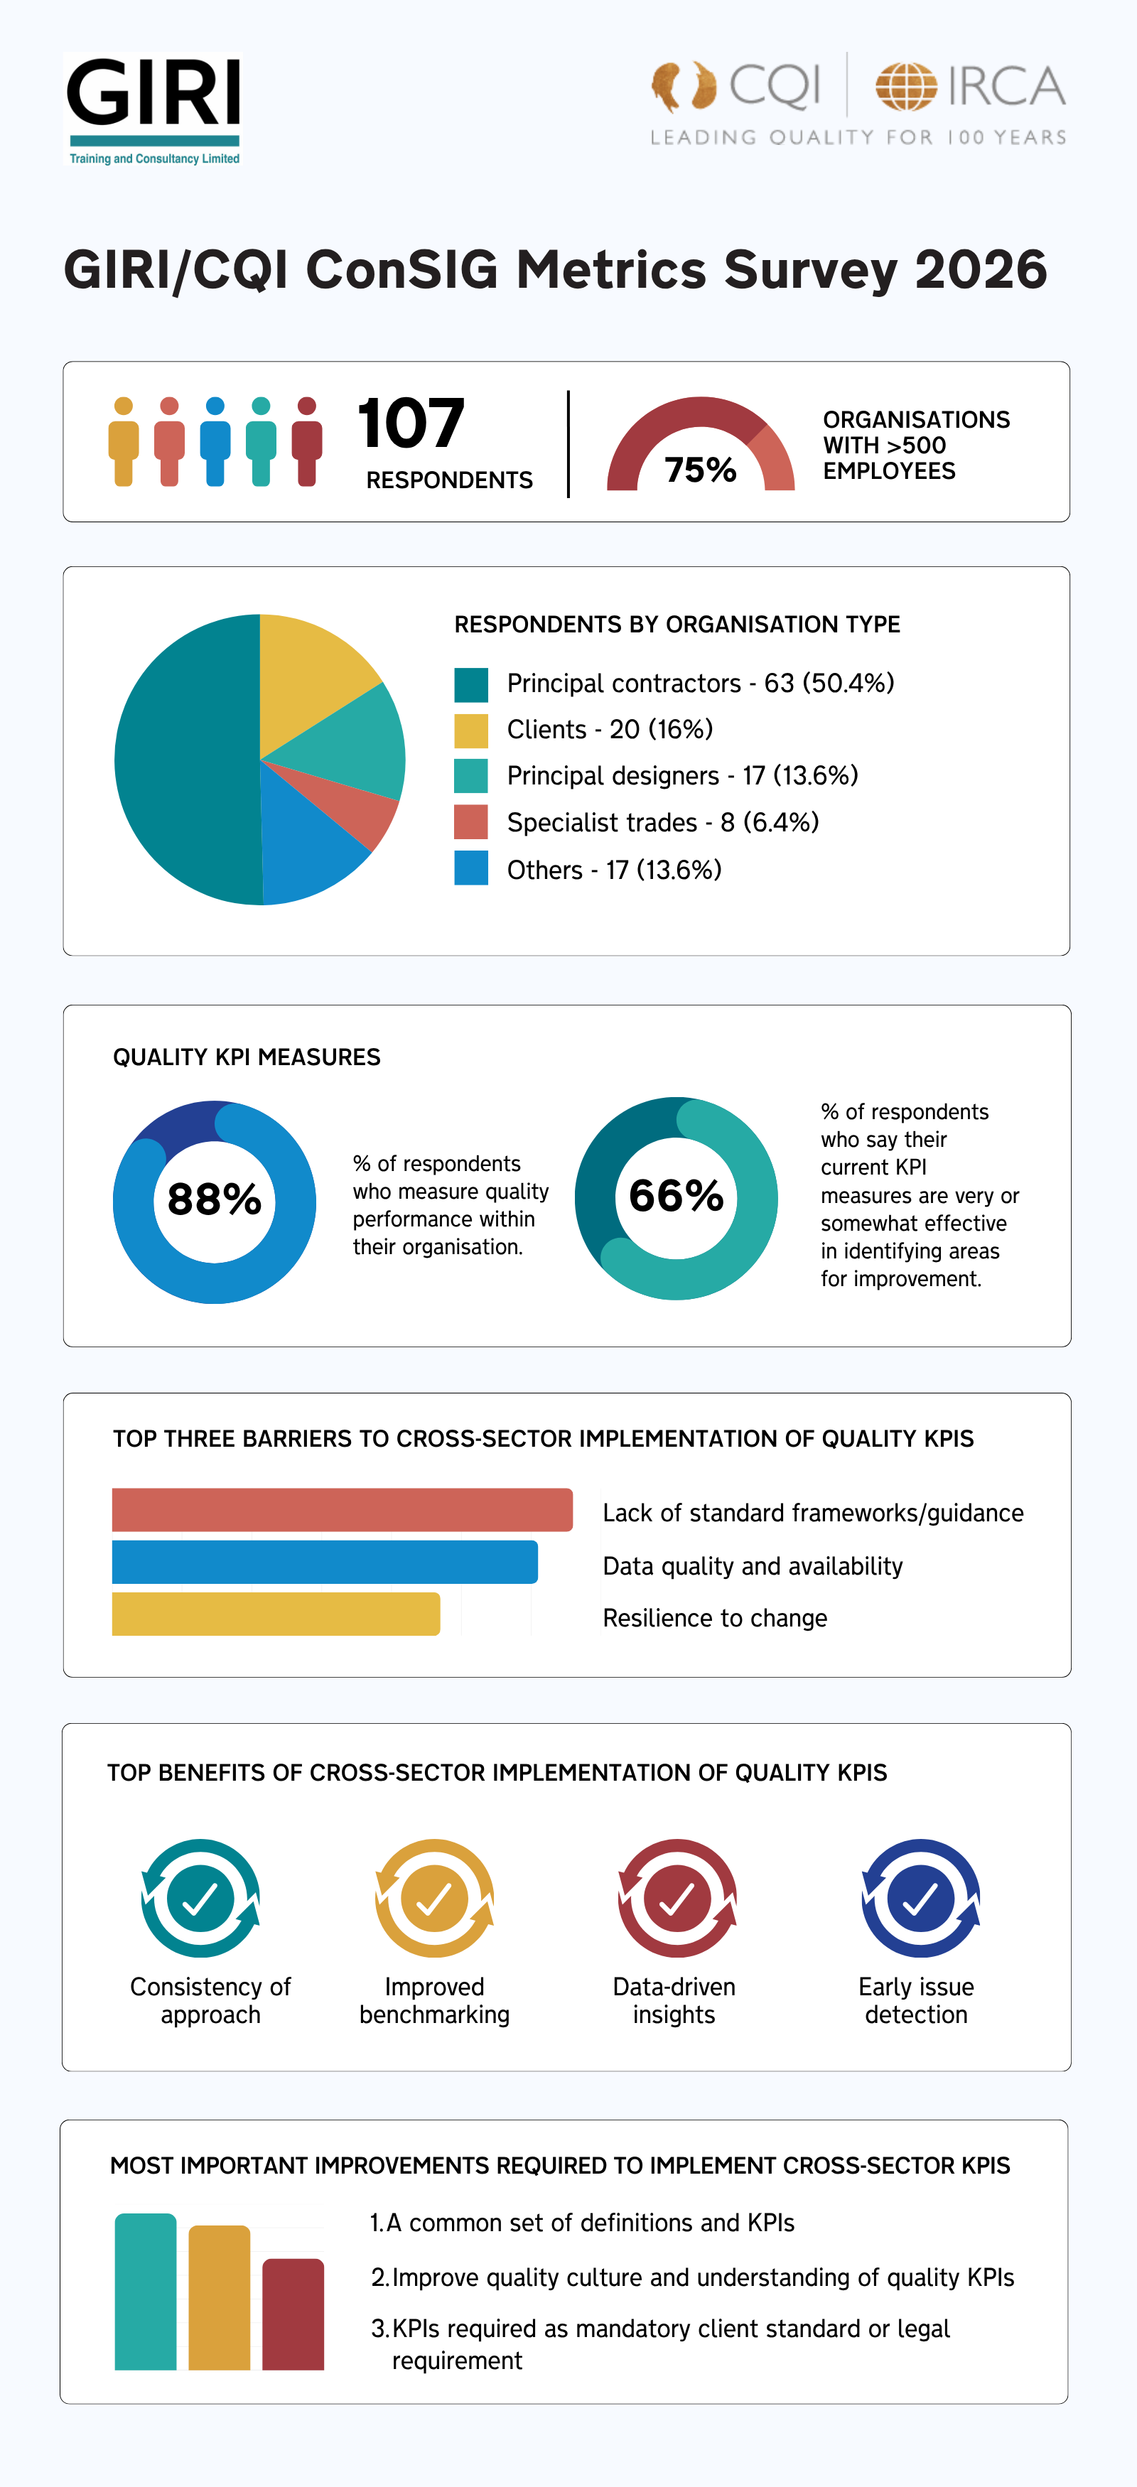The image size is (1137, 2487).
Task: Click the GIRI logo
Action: coord(153,108)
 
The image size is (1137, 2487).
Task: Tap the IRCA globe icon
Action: coord(905,87)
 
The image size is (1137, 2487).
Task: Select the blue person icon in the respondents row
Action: coord(215,441)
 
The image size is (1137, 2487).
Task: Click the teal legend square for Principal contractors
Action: coord(471,684)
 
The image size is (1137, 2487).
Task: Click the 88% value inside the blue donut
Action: coord(215,1200)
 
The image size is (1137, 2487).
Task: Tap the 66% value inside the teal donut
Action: coord(676,1196)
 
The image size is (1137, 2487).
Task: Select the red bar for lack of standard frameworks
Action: coord(342,1510)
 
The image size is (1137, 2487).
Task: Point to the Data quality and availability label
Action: coord(752,1566)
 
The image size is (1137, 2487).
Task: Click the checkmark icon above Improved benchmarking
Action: coord(434,1898)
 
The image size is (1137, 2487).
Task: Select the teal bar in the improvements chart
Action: coord(146,2292)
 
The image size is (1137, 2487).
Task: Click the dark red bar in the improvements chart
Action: coord(293,2314)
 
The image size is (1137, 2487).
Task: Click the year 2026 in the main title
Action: coord(981,269)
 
